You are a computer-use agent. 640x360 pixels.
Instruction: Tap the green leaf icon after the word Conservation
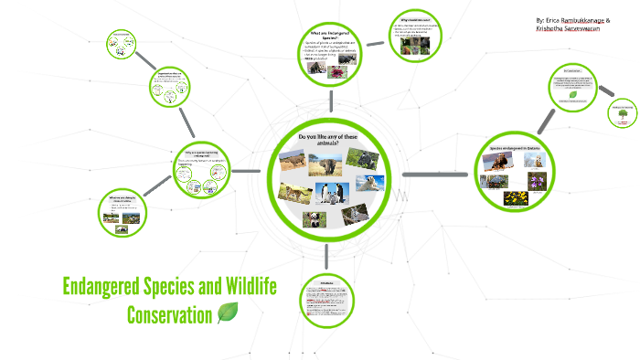coord(229,314)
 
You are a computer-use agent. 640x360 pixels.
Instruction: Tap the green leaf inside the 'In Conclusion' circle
coord(572,94)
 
